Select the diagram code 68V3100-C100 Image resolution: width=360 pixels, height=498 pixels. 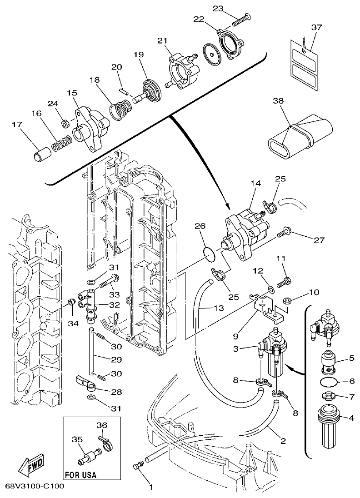click(34, 486)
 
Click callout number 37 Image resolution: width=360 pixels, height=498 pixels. click(316, 27)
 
